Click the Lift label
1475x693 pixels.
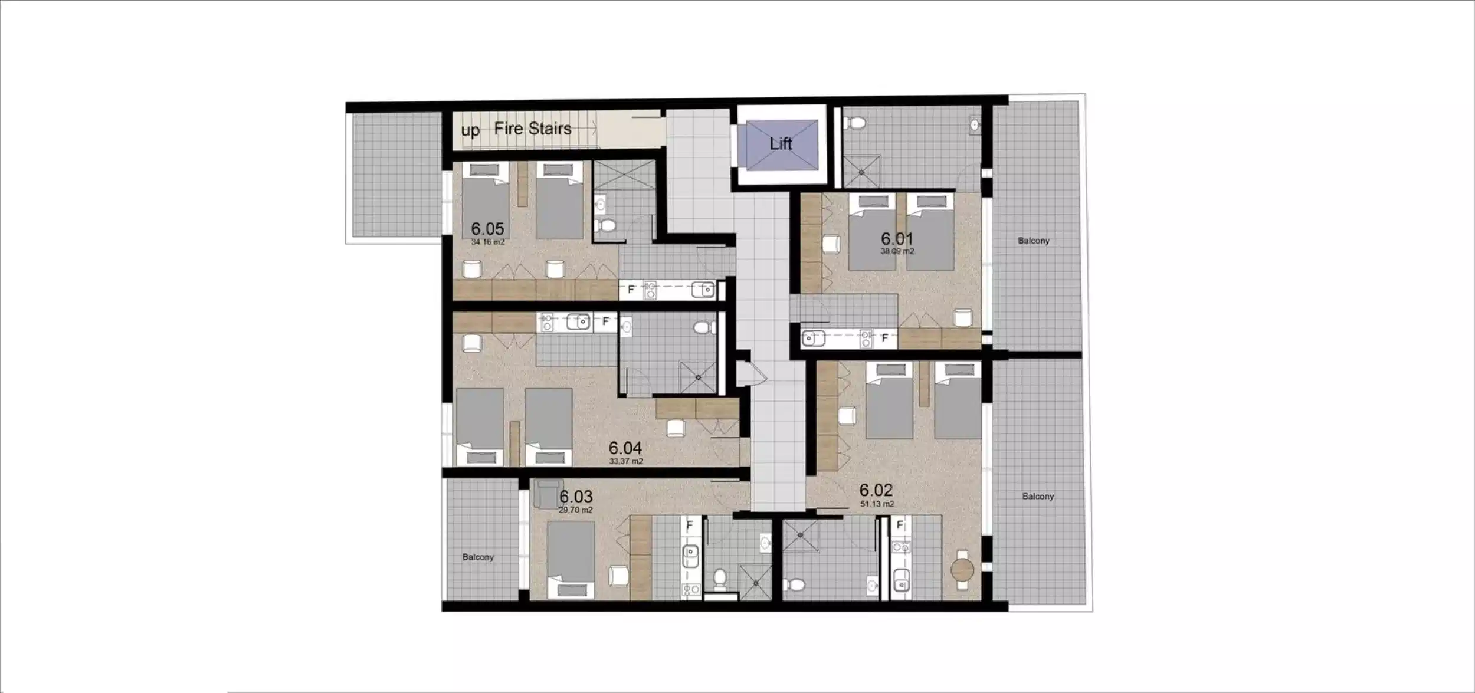coord(780,143)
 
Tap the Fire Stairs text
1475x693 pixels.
coord(533,129)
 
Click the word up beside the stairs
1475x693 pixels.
coord(470,130)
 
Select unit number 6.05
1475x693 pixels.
coord(487,228)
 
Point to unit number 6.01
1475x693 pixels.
coord(897,238)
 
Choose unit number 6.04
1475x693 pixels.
coord(625,448)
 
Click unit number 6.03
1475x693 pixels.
coord(576,497)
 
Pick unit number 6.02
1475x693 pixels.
coord(876,490)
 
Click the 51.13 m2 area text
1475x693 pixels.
coord(877,504)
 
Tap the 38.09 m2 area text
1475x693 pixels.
coord(897,251)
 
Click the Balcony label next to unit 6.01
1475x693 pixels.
coord(1034,241)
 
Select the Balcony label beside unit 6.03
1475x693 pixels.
coord(478,557)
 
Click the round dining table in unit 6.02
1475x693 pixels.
coord(962,570)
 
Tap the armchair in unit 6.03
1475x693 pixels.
coord(544,493)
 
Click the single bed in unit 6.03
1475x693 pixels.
coord(570,560)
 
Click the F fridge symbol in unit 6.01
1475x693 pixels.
coord(884,338)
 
